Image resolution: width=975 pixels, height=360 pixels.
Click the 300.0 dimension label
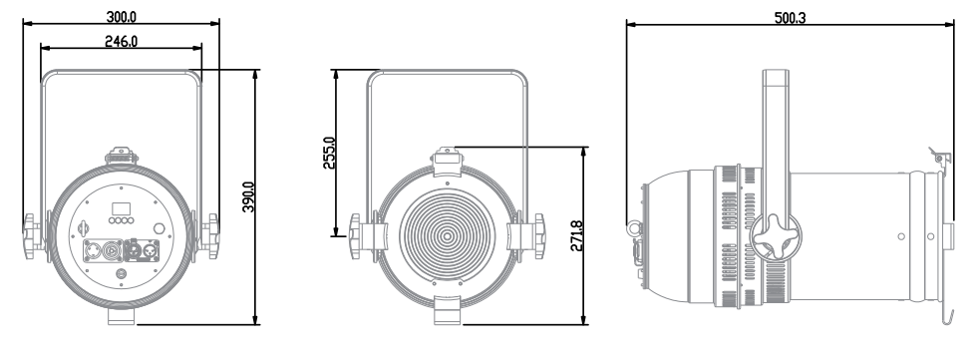122,17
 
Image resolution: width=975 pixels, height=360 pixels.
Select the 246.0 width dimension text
122,41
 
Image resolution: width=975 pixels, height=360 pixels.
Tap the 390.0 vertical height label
248,197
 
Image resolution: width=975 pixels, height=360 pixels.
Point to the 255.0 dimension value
330,153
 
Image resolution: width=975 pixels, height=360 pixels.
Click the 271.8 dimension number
576,235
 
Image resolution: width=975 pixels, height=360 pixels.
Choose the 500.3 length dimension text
790,17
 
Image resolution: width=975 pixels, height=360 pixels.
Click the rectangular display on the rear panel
120,208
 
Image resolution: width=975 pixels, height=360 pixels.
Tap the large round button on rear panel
160,228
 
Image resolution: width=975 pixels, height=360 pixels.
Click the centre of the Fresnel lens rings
447,235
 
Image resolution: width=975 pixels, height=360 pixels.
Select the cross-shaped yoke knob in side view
776,236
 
